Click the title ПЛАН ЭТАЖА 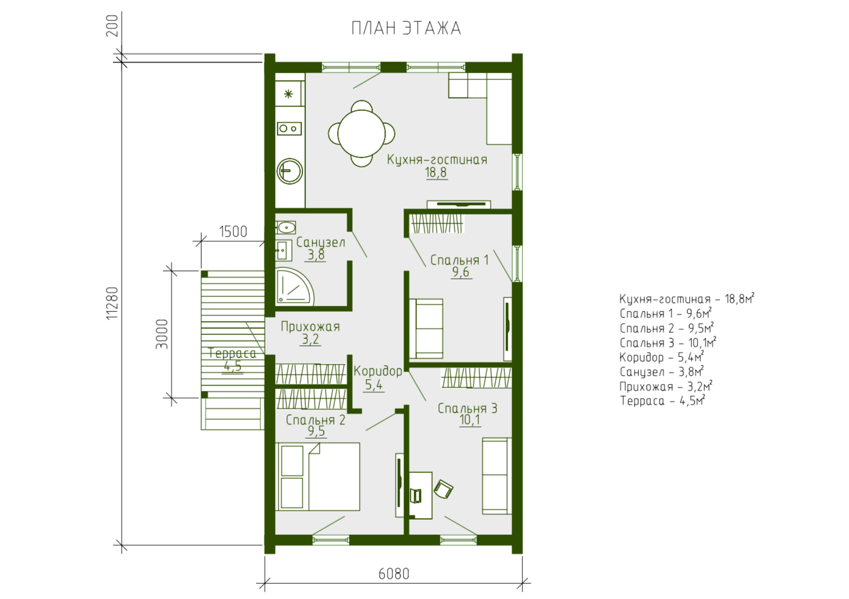tap(406, 28)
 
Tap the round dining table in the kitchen tap(361, 133)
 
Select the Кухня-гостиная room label tap(437, 160)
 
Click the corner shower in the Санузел tap(294, 286)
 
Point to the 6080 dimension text tap(394, 574)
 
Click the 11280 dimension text tap(113, 303)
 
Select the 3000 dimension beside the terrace tap(162, 334)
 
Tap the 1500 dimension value tap(233, 231)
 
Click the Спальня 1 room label tap(459, 260)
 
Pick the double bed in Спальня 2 tap(319, 477)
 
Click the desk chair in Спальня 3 tap(443, 489)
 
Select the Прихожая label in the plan tap(310, 327)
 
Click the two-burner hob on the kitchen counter tap(289, 128)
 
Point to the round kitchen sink tap(290, 171)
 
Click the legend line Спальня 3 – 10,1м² tap(668, 343)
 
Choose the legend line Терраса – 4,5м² tap(662, 401)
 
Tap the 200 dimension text tap(113, 25)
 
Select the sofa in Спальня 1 tap(426, 329)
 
